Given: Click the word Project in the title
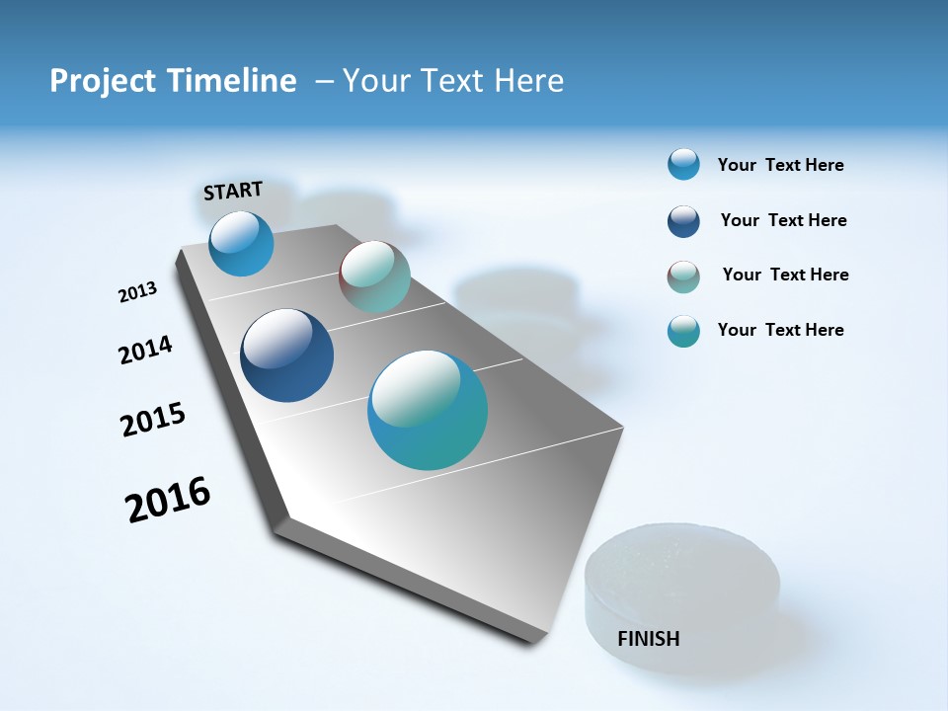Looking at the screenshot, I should pyautogui.click(x=104, y=81).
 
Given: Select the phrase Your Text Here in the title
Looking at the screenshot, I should pyautogui.click(x=453, y=81).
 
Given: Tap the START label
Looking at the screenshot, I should pyautogui.click(x=233, y=191).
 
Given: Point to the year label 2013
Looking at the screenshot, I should pyautogui.click(x=137, y=292).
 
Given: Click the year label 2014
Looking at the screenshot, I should pyautogui.click(x=145, y=350).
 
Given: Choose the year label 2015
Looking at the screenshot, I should pyautogui.click(x=153, y=419).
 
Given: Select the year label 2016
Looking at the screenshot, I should pyautogui.click(x=168, y=499).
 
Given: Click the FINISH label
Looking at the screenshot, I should pyautogui.click(x=648, y=639).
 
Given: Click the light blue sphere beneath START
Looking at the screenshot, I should pyautogui.click(x=241, y=244).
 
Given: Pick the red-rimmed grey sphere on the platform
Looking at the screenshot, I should pyautogui.click(x=374, y=276).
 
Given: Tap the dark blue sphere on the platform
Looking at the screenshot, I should pyautogui.click(x=286, y=355).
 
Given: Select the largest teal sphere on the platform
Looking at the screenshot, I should pyautogui.click(x=428, y=410).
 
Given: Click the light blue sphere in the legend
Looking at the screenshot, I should pyautogui.click(x=683, y=164).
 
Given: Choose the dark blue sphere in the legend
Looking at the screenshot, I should pyautogui.click(x=683, y=221).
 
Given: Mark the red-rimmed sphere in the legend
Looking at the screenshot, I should pyautogui.click(x=683, y=276).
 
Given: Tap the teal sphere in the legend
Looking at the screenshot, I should pyautogui.click(x=683, y=331).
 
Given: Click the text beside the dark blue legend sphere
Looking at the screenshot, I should pyautogui.click(x=783, y=220).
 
